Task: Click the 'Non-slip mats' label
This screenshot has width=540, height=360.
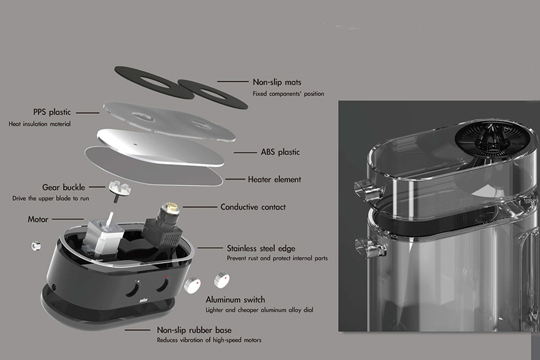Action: click(277, 82)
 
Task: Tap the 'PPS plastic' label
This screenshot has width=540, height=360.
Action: click(52, 112)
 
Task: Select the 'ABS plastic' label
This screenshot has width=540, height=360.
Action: click(280, 152)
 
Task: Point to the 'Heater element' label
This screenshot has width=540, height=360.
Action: click(274, 179)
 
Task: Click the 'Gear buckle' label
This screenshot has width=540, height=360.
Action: click(64, 188)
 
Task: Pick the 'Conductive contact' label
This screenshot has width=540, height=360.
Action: click(253, 207)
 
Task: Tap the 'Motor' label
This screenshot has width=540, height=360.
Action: click(38, 220)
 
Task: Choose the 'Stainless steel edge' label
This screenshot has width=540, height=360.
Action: click(261, 248)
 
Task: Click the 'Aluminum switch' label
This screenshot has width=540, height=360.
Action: click(235, 300)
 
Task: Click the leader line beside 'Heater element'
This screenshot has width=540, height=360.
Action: click(235, 179)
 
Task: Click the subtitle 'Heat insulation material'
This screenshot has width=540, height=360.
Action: click(40, 124)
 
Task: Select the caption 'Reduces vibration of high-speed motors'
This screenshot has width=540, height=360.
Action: click(209, 340)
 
